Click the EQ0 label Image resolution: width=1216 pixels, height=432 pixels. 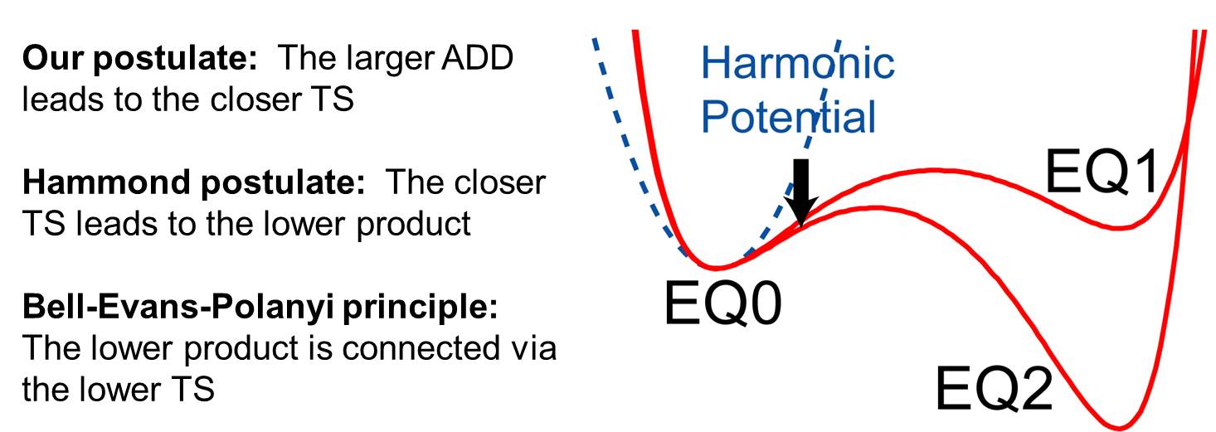[x=722, y=303]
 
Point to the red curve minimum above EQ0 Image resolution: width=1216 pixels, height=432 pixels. [x=717, y=268]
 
